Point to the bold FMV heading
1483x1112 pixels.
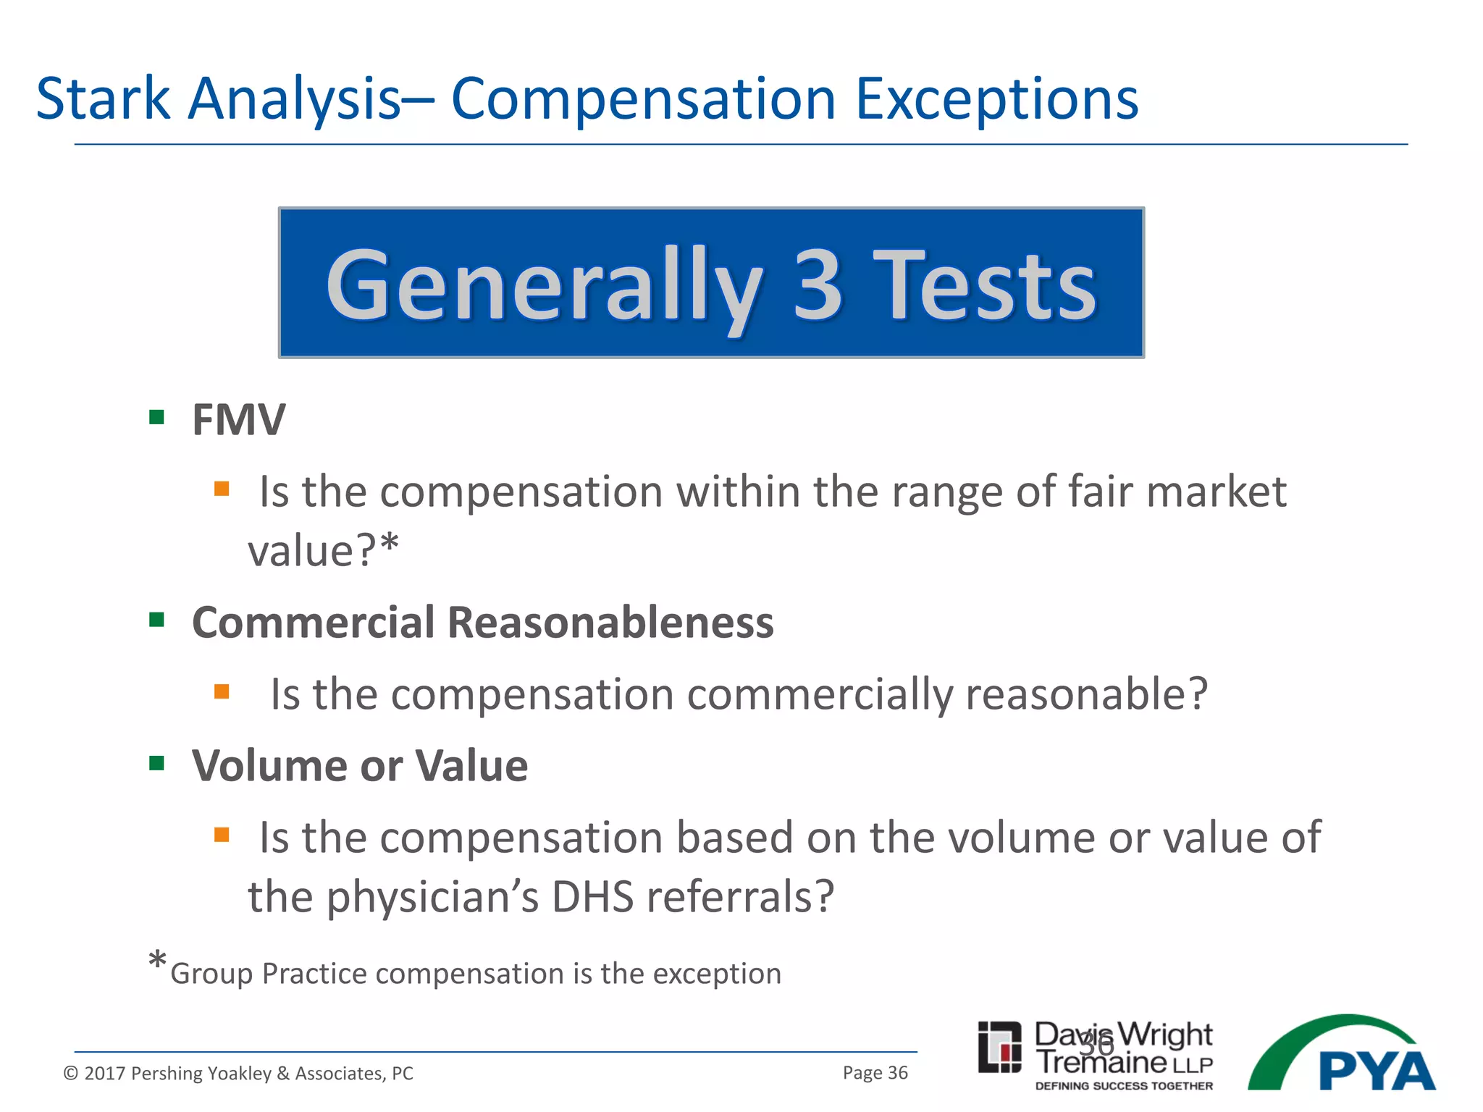coord(238,420)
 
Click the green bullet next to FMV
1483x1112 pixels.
coord(156,417)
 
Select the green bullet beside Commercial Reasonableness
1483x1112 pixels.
coord(156,620)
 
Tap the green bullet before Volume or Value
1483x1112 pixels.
coord(156,763)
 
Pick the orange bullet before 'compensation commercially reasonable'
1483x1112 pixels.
coord(222,691)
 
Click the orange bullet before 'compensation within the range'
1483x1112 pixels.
coord(222,489)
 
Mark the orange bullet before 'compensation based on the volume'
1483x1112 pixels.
coord(222,835)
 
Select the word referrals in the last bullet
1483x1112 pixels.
coord(740,898)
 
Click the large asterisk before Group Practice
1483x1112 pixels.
coord(157,964)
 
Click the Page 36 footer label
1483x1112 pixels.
coord(875,1073)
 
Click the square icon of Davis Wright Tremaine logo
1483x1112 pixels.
coord(999,1047)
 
